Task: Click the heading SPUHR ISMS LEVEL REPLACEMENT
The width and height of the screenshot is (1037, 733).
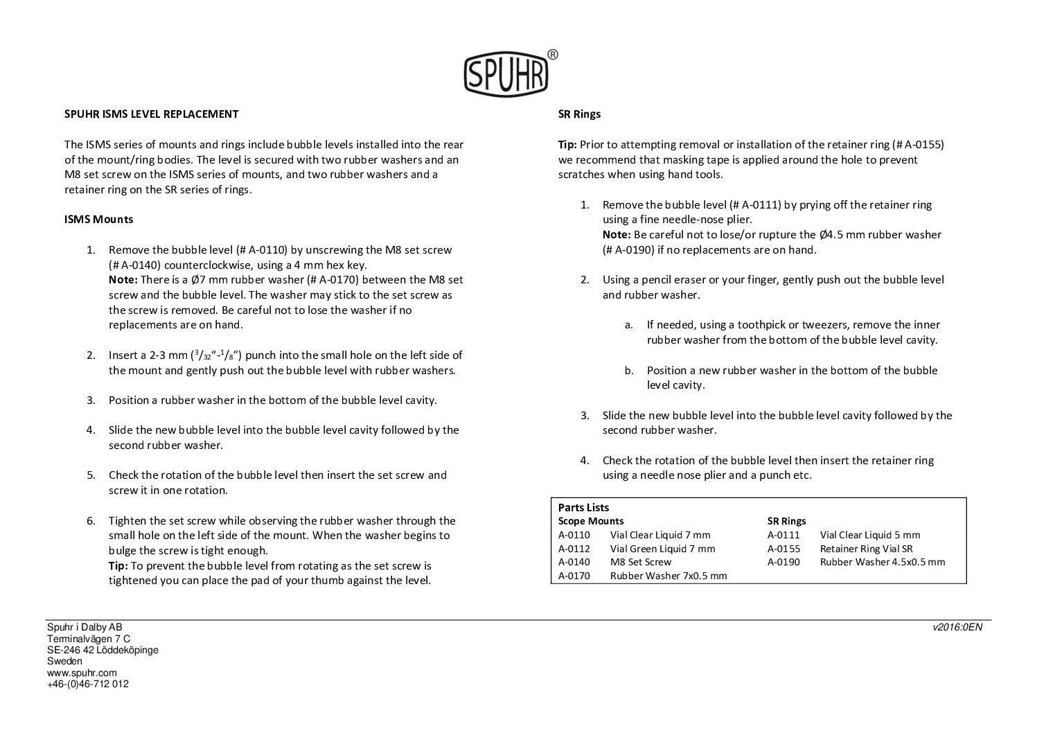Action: [151, 114]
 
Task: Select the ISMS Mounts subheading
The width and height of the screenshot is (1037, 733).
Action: [98, 219]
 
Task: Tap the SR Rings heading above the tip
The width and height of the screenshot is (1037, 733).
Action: [579, 114]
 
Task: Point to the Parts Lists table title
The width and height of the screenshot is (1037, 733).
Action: [583, 507]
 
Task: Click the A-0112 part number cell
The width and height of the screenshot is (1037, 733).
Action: [574, 548]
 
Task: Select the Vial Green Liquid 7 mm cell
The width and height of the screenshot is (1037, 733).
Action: [662, 548]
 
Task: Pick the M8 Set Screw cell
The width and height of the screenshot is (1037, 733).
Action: [640, 562]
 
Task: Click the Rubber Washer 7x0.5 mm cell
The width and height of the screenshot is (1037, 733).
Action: [668, 575]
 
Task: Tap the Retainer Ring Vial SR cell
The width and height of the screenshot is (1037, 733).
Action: [866, 548]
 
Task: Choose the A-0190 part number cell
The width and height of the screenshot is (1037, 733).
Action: [783, 562]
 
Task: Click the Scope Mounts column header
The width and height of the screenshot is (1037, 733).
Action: [590, 520]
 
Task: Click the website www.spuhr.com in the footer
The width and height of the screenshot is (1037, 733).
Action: [82, 673]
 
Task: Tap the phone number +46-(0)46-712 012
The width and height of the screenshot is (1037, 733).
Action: [87, 684]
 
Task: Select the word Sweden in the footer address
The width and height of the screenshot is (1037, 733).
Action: [64, 661]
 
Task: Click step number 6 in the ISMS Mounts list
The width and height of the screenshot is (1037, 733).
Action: [91, 520]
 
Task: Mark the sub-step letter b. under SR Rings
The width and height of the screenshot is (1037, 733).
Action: [628, 370]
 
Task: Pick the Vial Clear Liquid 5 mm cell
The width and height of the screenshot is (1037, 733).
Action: [869, 534]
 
